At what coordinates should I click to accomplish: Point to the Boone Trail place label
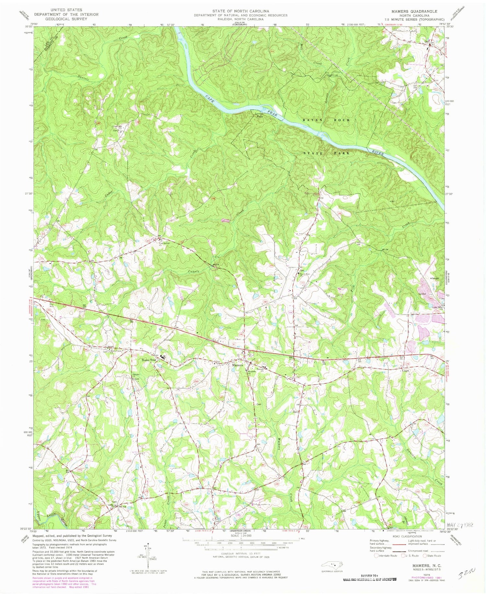pos(149,360)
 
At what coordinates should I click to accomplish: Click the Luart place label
pos(405,370)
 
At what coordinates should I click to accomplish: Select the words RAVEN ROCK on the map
pos(326,120)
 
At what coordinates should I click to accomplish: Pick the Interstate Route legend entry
pos(385,555)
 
